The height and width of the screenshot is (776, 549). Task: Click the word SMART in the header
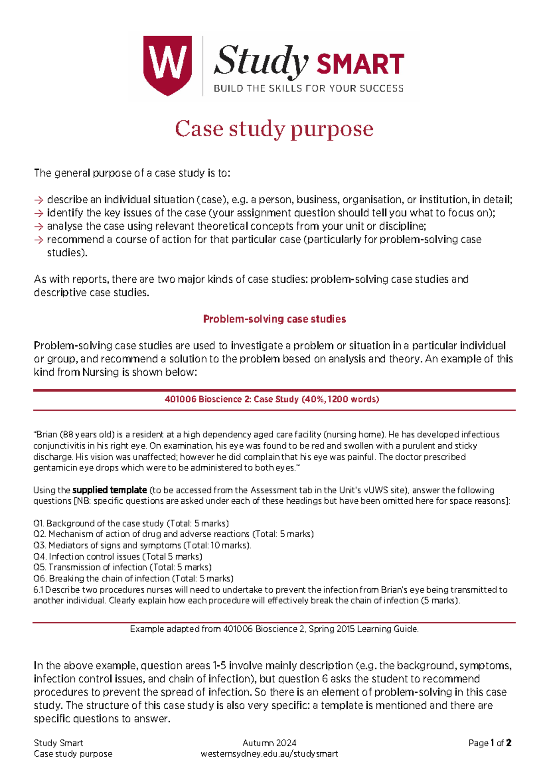pos(360,64)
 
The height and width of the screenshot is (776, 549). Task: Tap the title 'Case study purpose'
pos(274,129)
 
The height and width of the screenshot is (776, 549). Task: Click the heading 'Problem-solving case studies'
pos(274,319)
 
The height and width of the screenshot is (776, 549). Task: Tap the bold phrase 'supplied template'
pos(110,490)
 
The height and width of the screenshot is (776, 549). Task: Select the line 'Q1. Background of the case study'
pos(131,523)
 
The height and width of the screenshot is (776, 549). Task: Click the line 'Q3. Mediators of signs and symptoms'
pos(142,545)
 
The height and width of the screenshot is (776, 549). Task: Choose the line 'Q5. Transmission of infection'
pos(122,567)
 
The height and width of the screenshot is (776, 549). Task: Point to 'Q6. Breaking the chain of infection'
pos(133,578)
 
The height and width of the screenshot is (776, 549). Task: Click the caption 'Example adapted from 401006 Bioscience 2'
pos(274,629)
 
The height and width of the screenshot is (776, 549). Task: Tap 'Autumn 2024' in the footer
pos(269,743)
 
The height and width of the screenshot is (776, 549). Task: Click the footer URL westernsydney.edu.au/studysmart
pos(269,754)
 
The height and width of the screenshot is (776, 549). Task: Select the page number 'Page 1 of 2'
pos(490,743)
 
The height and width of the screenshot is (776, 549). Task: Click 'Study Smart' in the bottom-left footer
pos(59,743)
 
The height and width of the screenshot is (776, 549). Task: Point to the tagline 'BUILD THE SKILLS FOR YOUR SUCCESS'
pos(309,89)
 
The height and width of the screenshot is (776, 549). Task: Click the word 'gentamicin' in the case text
pos(52,468)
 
